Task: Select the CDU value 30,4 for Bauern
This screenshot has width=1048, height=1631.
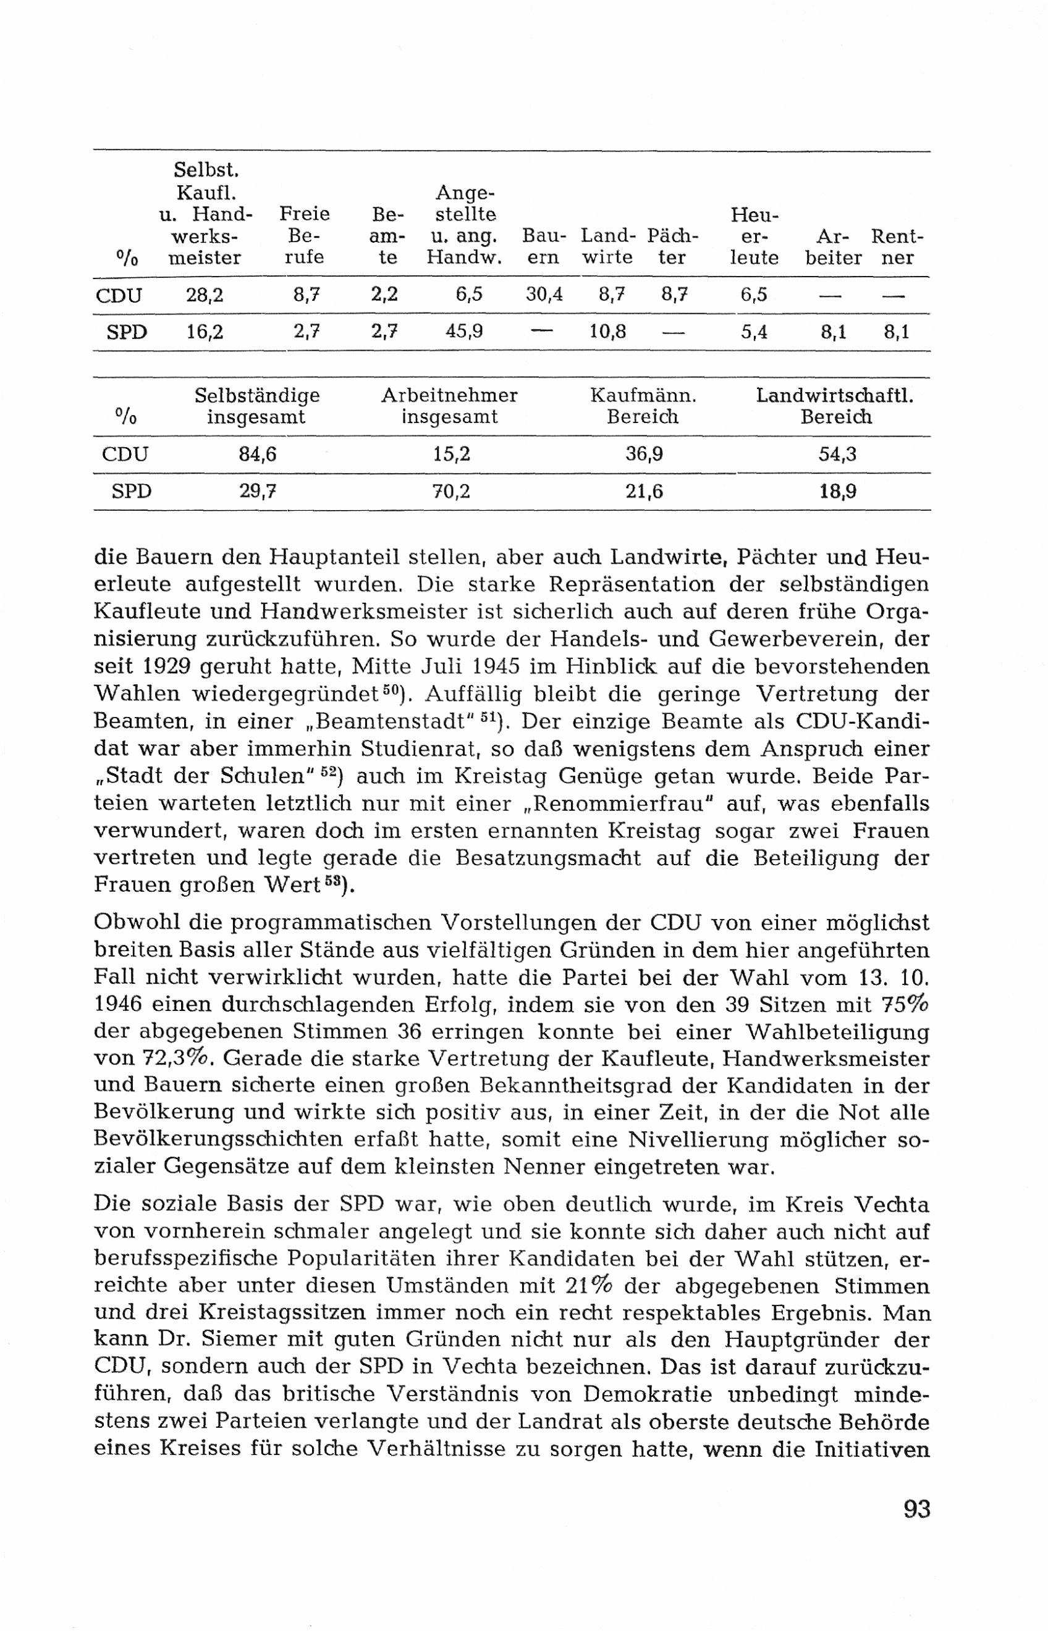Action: coord(544,295)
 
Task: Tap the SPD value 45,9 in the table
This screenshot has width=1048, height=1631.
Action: coord(463,331)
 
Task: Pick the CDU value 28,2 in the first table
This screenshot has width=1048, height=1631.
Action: coord(204,295)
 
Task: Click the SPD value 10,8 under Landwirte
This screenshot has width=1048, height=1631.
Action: coord(607,331)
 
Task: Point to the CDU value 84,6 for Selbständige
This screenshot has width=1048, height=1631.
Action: coord(257,455)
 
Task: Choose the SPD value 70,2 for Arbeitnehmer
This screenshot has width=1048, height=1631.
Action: coord(451,491)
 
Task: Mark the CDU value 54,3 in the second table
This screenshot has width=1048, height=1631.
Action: coord(837,455)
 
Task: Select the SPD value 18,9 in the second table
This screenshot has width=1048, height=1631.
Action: coord(837,491)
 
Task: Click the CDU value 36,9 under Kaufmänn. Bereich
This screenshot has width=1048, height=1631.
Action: coord(644,455)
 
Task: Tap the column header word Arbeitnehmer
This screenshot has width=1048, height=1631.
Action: coord(449,395)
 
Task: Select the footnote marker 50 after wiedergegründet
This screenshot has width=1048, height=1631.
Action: coord(389,690)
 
